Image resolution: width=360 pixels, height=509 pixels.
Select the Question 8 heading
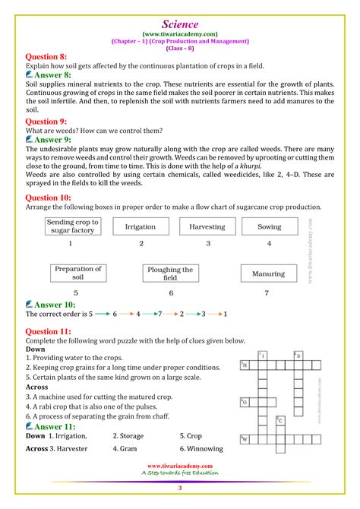click(x=46, y=56)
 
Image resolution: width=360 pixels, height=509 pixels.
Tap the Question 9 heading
click(x=46, y=121)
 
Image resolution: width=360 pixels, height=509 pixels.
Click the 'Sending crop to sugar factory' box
click(x=71, y=226)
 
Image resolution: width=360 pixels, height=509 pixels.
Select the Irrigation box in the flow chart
click(x=141, y=226)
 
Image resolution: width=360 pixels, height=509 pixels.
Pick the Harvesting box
click(x=207, y=226)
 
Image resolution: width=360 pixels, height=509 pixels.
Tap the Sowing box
click(x=269, y=226)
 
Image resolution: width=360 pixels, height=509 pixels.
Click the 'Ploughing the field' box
click(x=171, y=273)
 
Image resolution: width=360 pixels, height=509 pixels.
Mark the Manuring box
click(x=268, y=273)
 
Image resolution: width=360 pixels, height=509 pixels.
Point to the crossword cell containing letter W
click(x=245, y=439)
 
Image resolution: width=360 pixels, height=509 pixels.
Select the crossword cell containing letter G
click(x=245, y=403)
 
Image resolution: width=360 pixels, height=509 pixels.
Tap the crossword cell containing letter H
click(x=245, y=365)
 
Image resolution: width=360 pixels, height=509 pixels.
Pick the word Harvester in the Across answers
click(x=68, y=448)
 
